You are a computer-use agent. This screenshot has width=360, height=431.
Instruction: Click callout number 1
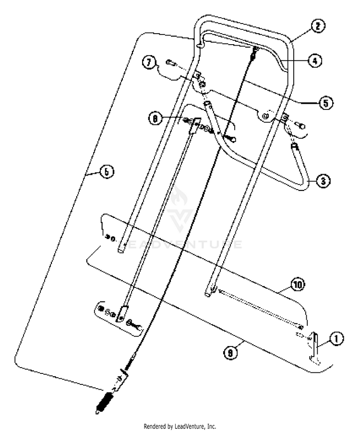coord(336,338)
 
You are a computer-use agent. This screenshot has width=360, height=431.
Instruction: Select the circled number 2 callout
coord(318,26)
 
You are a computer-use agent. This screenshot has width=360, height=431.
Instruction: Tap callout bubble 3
coord(323,181)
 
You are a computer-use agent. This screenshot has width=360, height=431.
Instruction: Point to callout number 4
coord(315,60)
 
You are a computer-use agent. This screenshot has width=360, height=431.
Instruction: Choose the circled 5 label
coord(326,103)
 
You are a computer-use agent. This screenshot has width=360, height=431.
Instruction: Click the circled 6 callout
coord(107,172)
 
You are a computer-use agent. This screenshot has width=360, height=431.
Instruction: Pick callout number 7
coord(149,62)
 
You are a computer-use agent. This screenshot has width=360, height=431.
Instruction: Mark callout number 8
coord(156,119)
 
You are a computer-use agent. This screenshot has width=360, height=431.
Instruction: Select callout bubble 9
coord(230,353)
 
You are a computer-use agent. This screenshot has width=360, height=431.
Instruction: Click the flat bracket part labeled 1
coord(314,347)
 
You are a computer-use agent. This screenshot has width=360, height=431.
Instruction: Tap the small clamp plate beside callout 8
coord(194,126)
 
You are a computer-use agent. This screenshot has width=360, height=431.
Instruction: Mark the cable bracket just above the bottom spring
coord(120,381)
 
